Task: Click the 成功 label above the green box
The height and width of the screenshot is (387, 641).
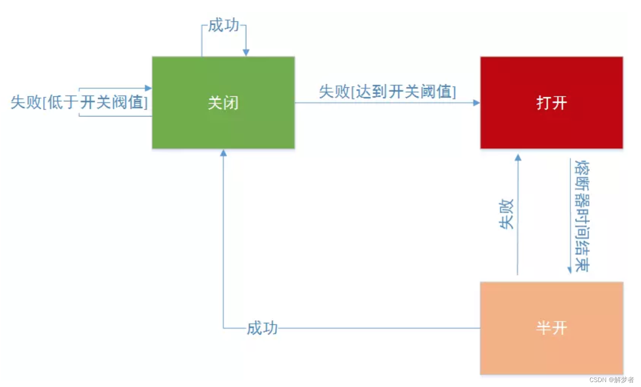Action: [224, 26]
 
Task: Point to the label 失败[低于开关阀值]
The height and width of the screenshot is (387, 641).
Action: [79, 102]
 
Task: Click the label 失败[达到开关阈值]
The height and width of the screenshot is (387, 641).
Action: [387, 91]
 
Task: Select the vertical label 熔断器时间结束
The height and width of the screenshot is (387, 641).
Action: [582, 216]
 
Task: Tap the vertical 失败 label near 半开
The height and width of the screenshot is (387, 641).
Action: [507, 214]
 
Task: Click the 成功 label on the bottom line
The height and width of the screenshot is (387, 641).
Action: [262, 328]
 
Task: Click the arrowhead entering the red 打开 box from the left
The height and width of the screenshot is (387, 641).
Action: [476, 103]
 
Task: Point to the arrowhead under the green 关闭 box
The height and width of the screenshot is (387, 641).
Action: [223, 153]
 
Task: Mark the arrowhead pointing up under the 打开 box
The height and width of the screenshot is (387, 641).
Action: [518, 158]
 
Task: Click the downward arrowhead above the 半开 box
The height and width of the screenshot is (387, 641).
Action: [569, 270]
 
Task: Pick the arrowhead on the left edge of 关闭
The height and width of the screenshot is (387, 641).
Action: [148, 88]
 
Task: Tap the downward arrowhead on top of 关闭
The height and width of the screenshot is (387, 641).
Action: [246, 53]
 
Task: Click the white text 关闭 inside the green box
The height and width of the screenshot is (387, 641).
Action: [223, 103]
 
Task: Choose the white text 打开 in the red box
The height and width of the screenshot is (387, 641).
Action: [551, 103]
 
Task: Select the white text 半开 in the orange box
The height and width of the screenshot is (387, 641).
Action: [551, 328]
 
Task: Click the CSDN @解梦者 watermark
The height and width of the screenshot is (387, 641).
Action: [611, 380]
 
